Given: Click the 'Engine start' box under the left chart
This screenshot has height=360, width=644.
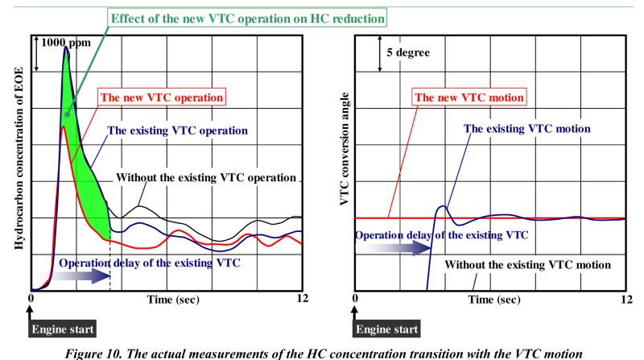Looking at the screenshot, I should [63, 329].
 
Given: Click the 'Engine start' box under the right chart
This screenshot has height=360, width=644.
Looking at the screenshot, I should [387, 329].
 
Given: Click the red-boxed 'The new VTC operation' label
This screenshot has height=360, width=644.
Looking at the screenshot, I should [161, 97].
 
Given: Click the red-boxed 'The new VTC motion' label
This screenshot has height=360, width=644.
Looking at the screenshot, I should [470, 97].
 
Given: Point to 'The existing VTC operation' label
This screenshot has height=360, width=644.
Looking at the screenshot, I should [176, 130].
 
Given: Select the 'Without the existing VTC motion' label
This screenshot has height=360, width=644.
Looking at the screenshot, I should [527, 264].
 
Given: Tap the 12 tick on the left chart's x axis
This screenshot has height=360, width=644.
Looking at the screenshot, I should [303, 299].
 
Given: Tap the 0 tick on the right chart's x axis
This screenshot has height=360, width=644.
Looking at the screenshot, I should [355, 299].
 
